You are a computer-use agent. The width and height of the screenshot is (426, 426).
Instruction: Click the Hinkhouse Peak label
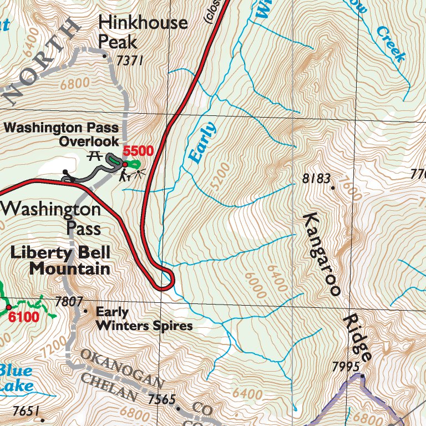click(x=143, y=32)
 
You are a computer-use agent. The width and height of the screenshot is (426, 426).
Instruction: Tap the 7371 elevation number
click(x=129, y=60)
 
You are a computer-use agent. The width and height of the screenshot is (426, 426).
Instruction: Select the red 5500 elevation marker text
click(x=138, y=150)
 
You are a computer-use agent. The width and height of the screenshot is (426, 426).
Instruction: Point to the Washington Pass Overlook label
click(x=62, y=135)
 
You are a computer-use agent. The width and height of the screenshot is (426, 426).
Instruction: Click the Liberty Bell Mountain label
click(x=60, y=261)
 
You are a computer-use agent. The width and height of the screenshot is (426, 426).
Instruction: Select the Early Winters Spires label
click(x=144, y=319)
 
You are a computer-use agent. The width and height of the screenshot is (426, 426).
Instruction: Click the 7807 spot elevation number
click(x=69, y=302)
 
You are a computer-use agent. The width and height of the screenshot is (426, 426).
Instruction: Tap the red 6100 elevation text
click(x=23, y=317)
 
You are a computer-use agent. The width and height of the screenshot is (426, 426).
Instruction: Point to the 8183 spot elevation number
click(x=316, y=179)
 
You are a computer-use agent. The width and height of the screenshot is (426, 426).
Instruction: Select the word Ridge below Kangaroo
click(x=357, y=337)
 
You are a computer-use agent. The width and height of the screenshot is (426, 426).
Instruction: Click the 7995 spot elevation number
click(x=346, y=367)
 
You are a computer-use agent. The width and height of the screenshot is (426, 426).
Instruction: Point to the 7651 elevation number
click(x=26, y=411)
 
